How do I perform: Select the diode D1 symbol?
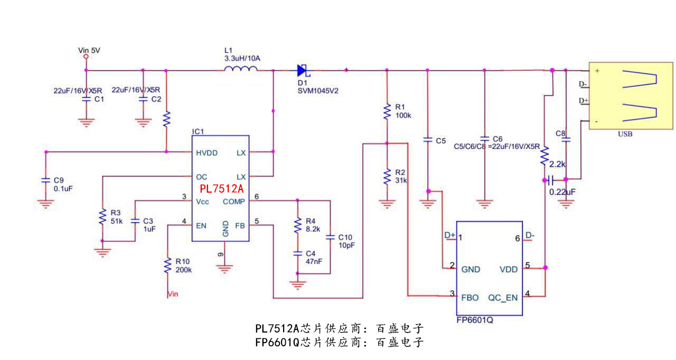[303, 70]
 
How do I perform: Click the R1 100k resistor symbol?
[387, 111]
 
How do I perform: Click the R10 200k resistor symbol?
[167, 266]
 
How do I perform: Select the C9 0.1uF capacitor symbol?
[46, 181]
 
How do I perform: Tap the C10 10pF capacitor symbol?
[330, 238]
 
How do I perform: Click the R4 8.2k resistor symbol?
[297, 226]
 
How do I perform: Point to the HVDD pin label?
[206, 153]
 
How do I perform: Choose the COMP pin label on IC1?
[234, 201]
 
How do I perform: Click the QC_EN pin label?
[503, 298]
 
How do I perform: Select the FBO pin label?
[470, 298]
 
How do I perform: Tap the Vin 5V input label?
[89, 51]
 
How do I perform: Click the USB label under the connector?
[625, 134]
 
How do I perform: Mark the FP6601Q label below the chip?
[475, 320]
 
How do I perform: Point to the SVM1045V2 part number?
[317, 91]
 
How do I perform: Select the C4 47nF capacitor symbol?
[297, 254]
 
